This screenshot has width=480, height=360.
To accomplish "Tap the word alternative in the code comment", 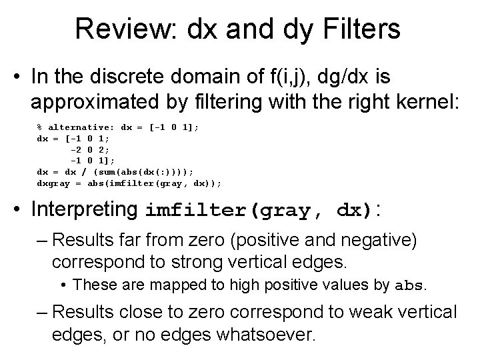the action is pos(79,127).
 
